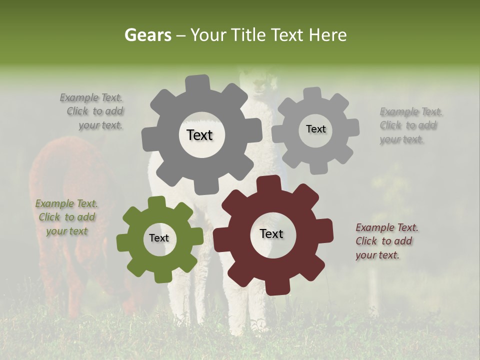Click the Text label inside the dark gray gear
(199, 135)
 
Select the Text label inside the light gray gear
(315, 129)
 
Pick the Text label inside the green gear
(159, 238)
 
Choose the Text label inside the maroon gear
(271, 234)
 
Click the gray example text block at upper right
(410, 125)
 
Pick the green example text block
(66, 217)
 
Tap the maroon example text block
(386, 241)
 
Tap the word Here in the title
(327, 35)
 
